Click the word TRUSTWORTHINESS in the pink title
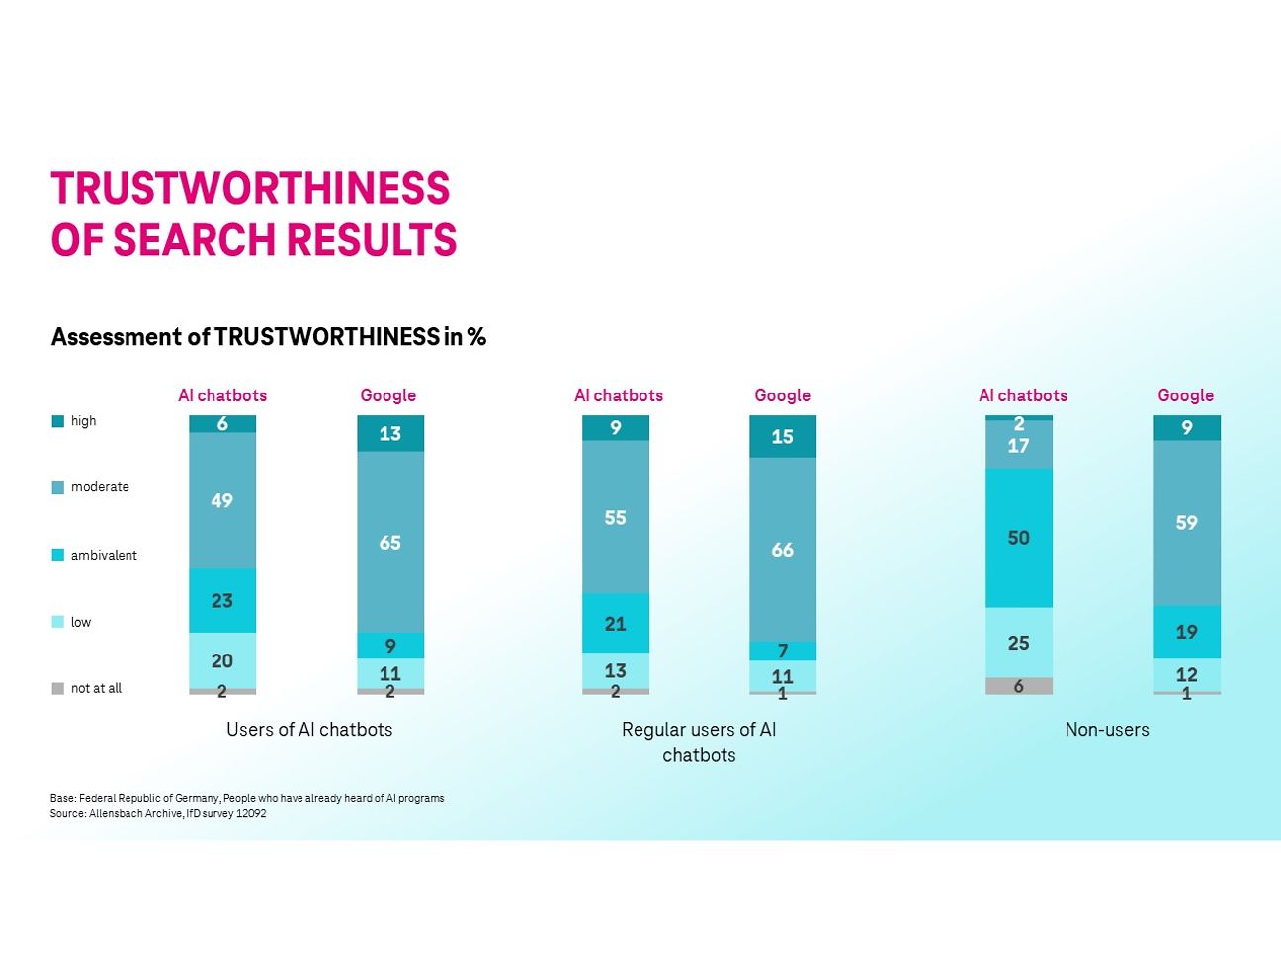[250, 189]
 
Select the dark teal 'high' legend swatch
[57, 421]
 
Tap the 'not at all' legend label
[96, 688]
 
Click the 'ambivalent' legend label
[104, 555]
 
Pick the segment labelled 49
[222, 500]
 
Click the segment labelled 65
[390, 542]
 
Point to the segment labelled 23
[222, 600]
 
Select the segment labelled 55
[615, 517]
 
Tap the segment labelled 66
[782, 549]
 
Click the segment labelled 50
[1018, 537]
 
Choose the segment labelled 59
[1186, 522]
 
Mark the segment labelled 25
[1018, 643]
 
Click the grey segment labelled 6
[1018, 686]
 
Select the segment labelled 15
[782, 436]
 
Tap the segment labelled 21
[615, 623]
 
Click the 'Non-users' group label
[1107, 730]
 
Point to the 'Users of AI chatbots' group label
[309, 730]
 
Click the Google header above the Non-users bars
[1185, 395]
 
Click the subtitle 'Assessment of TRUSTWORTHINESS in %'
[268, 337]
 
